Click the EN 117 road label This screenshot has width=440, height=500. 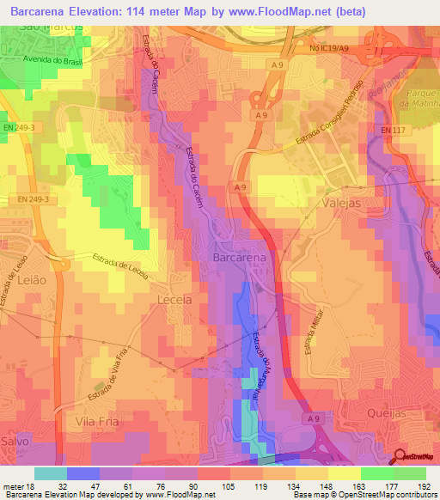392,130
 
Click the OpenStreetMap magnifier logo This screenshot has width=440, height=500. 400,457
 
